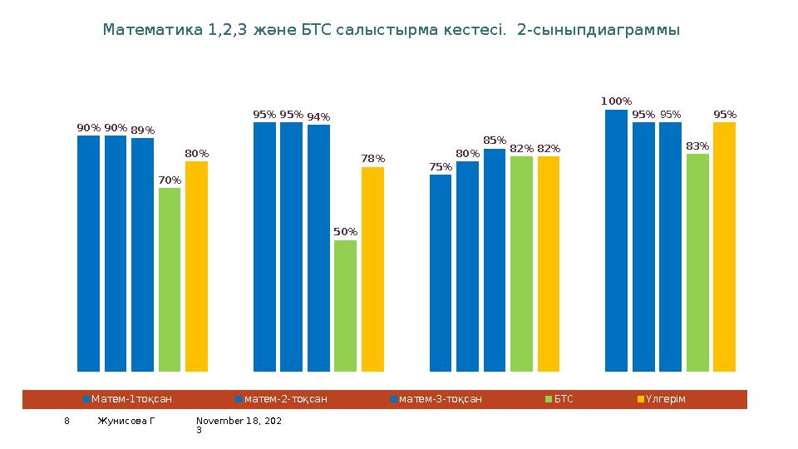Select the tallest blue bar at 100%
[616, 240]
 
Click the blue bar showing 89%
[142, 254]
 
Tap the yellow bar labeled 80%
[196, 266]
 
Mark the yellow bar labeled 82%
[549, 264]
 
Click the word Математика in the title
[153, 30]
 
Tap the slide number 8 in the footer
[68, 422]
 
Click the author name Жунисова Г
[126, 422]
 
